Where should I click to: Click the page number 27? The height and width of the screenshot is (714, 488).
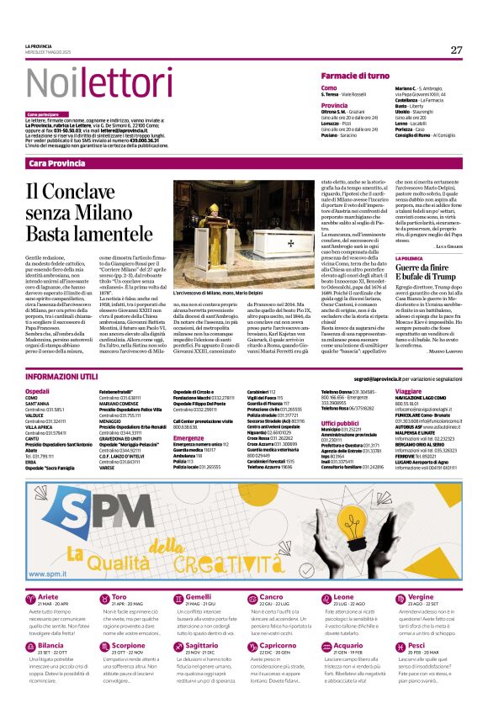click(455, 50)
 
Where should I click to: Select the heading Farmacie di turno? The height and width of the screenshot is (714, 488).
click(359, 76)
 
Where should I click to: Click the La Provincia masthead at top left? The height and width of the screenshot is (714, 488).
click(40, 45)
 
